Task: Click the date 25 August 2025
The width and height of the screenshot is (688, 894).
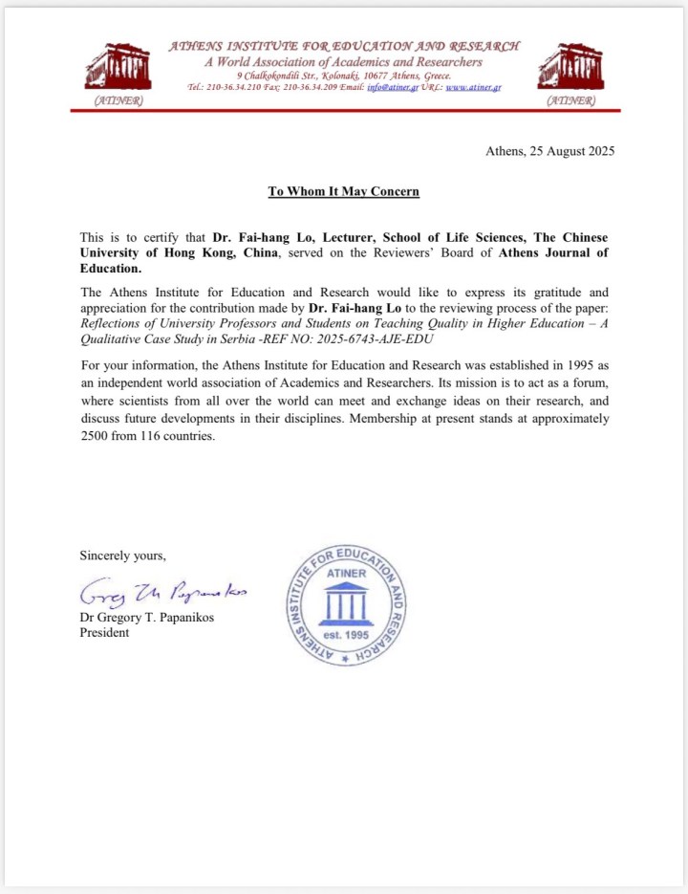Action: (570, 151)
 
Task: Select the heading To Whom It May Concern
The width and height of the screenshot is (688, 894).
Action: (344, 191)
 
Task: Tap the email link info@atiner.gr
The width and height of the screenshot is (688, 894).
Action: (393, 87)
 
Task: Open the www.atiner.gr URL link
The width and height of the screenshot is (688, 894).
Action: (474, 87)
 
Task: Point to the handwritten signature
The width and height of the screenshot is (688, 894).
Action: (162, 594)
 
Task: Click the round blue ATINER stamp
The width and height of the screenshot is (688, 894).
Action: (346, 605)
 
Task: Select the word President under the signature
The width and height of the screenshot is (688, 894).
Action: (104, 633)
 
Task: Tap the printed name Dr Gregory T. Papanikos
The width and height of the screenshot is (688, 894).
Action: (148, 618)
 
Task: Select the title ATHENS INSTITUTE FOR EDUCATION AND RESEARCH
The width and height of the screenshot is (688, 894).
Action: (344, 46)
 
